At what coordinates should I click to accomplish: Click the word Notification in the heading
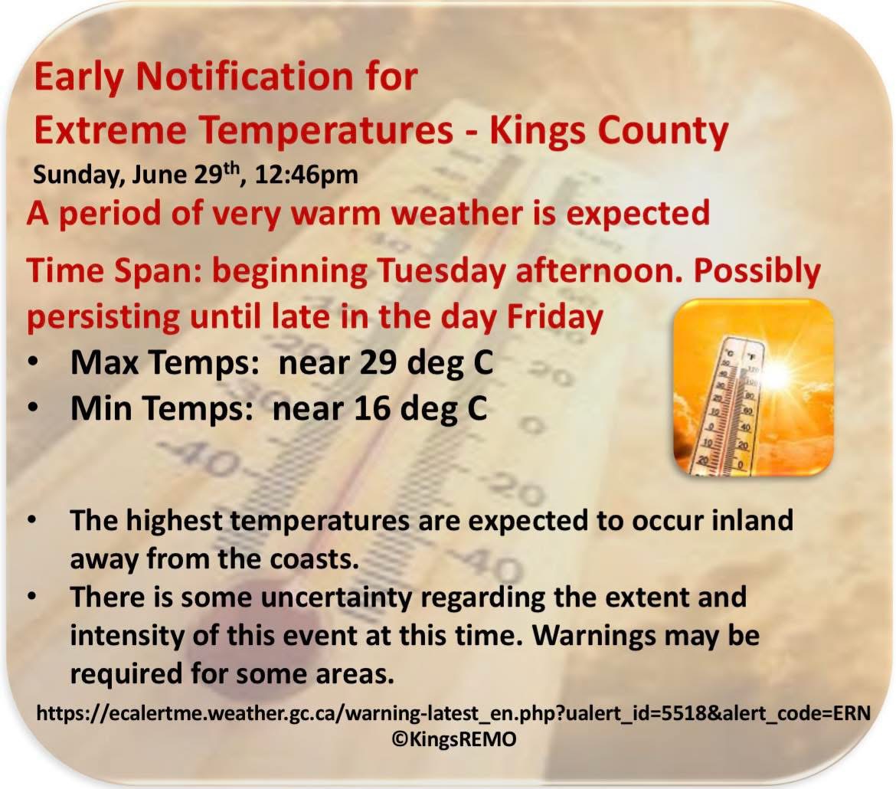[238, 76]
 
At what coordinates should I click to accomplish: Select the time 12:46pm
[306, 175]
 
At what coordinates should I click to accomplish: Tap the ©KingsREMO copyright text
[454, 738]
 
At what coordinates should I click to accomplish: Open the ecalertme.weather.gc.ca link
[453, 713]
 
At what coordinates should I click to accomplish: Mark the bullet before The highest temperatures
[33, 519]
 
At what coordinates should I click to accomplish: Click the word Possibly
[757, 272]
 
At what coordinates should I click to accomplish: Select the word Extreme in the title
[110, 131]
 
